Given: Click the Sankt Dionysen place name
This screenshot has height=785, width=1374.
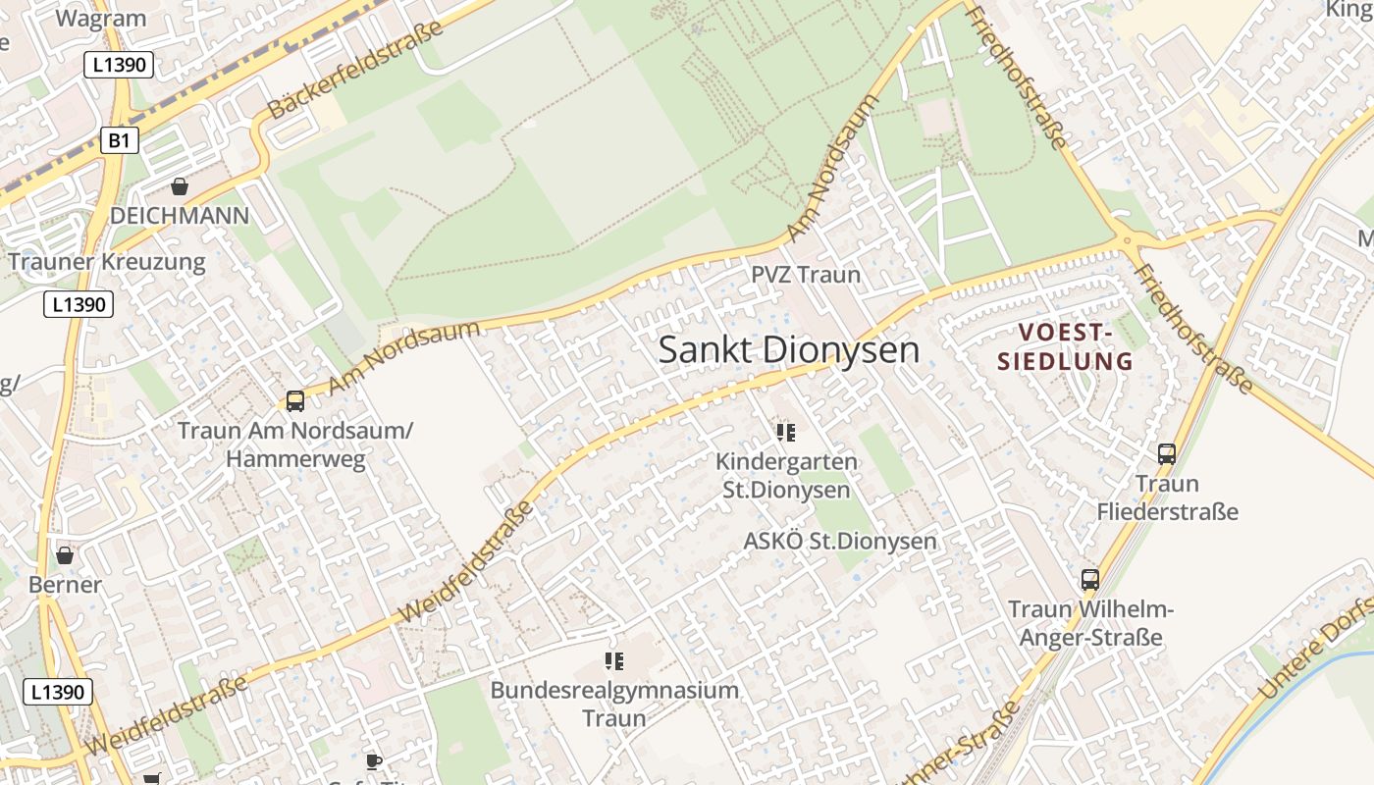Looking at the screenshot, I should click(x=788, y=349).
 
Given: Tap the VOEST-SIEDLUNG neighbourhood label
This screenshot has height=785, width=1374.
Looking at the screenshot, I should click(x=1065, y=347).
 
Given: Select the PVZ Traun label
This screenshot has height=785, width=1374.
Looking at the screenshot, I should click(x=806, y=275).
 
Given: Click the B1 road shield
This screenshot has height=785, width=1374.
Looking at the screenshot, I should click(x=119, y=140).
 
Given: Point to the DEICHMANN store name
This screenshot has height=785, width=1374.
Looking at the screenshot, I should click(x=180, y=216).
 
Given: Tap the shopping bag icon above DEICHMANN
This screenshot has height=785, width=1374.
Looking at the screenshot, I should click(x=180, y=185).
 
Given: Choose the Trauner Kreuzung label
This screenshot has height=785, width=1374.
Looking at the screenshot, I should click(x=107, y=262).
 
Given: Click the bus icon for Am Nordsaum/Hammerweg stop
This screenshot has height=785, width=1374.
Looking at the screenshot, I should click(x=294, y=400).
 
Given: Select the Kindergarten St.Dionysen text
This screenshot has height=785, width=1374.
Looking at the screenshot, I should click(x=786, y=475).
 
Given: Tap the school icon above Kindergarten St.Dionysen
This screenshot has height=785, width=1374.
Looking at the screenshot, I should click(x=785, y=432).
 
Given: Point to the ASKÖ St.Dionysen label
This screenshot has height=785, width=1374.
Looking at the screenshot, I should click(x=839, y=541).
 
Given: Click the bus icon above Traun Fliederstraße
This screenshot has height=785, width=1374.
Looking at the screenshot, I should click(x=1167, y=453).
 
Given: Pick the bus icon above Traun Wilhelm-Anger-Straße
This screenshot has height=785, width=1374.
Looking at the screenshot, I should click(x=1090, y=579).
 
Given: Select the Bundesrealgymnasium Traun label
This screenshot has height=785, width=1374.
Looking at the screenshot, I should click(x=614, y=704).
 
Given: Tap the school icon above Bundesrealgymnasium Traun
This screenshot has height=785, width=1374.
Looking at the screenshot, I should click(x=614, y=661).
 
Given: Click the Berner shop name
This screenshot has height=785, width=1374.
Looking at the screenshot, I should click(x=65, y=585).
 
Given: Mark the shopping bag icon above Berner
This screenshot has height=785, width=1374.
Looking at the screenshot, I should click(x=65, y=555).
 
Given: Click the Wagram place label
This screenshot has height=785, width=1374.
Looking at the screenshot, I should click(x=101, y=18).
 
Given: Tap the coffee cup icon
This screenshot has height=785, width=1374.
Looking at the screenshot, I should click(x=373, y=761).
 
